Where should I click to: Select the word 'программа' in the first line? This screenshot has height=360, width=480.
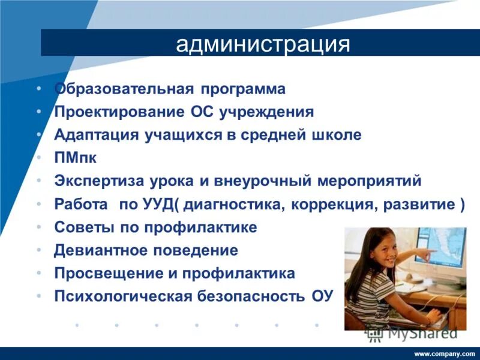tap(244, 89)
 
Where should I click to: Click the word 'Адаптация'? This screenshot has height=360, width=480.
tap(96, 135)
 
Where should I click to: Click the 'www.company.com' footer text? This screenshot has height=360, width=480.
tap(445, 354)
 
